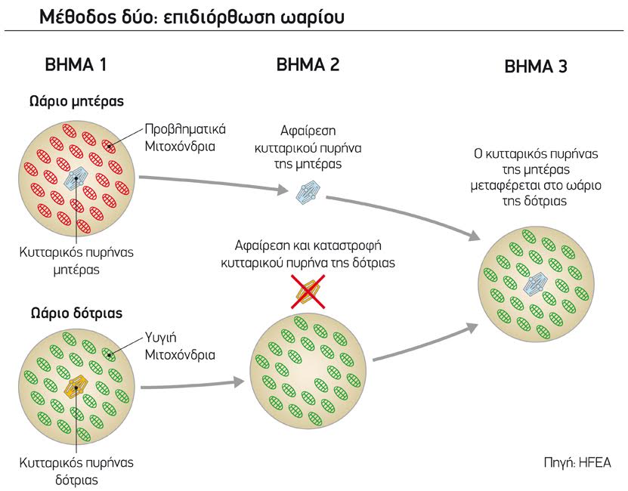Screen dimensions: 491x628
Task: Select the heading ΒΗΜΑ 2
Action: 308,65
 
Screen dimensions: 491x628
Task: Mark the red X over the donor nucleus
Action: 308,291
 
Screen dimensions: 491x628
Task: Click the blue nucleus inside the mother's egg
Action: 77,178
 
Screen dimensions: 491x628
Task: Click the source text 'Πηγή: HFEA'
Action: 577,462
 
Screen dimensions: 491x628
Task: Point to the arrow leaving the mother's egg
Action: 212,184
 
